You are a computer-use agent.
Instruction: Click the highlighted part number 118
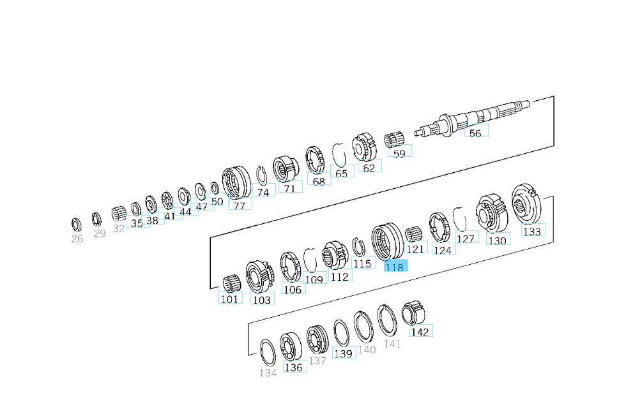point(395,266)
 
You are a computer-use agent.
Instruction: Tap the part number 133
point(533,230)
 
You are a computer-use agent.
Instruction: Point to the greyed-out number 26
point(77,239)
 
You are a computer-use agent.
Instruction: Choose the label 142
point(420,331)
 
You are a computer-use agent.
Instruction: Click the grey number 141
point(392,344)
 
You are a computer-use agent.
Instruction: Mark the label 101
point(230,298)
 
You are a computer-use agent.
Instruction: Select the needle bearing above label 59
point(394,140)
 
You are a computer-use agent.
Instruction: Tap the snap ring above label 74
point(261,175)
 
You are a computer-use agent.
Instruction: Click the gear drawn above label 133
point(528,204)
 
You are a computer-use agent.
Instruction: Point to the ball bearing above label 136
point(291,346)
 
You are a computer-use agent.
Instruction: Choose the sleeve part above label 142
point(413,313)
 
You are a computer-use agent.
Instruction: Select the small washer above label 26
point(76,225)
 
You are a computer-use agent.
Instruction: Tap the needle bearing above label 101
point(232,283)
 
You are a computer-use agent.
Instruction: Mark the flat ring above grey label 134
point(268,352)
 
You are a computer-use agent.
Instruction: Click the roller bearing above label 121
point(413,235)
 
